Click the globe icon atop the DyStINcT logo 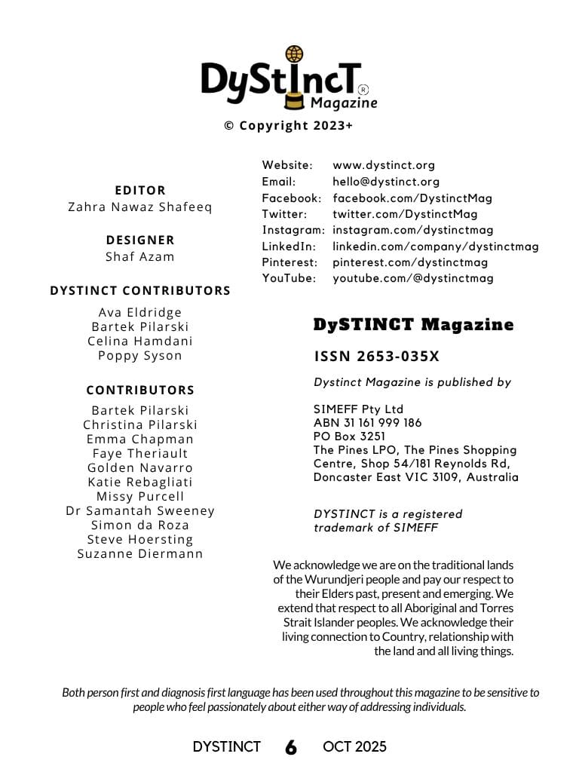pos(294,54)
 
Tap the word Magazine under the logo pos(344,103)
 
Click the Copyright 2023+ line pos(288,126)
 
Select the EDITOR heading pos(140,190)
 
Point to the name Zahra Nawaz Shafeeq pos(140,207)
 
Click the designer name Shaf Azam pos(140,256)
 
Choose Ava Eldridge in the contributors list pos(140,312)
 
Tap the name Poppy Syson pos(140,355)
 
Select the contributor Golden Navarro pos(140,467)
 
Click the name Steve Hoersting pos(140,539)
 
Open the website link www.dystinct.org pos(384,165)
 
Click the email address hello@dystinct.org pos(386,182)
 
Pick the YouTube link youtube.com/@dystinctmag pos(413,278)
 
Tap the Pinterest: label pos(290,262)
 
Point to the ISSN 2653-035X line pos(377,357)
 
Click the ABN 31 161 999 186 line pos(368,423)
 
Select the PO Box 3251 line pos(349,437)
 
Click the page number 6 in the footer pos(291,747)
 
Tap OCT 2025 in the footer pos(354,747)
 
